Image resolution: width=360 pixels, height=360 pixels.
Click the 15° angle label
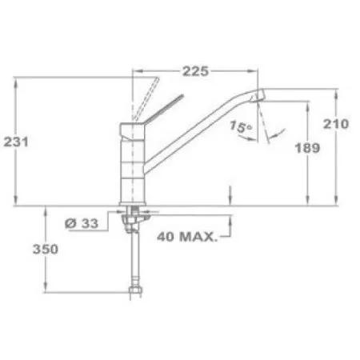(238, 126)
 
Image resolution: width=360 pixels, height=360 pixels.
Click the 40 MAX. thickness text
(188, 237)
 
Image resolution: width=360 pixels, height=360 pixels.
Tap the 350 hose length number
(46, 250)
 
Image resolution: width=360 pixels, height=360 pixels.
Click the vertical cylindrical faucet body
(133, 168)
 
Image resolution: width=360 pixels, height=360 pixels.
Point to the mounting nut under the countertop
(134, 214)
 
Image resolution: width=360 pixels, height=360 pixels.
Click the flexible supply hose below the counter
(132, 256)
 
